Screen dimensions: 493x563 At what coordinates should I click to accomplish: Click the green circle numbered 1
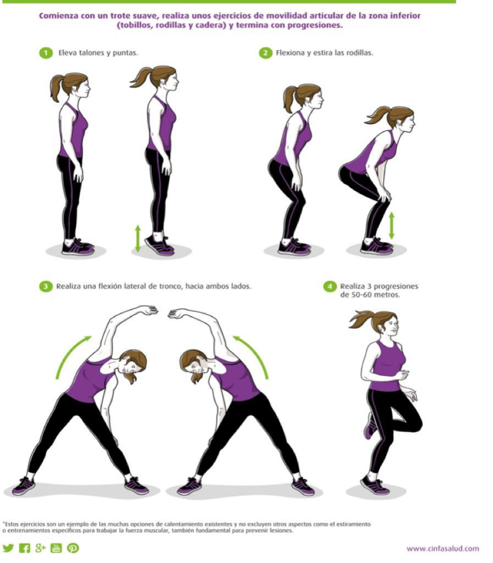(46, 53)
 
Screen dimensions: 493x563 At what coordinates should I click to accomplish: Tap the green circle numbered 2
(265, 53)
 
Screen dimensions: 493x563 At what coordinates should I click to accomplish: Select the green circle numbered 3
(46, 286)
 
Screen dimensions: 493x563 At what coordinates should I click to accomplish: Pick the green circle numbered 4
(330, 286)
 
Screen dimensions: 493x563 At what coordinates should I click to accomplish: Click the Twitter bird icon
(8, 548)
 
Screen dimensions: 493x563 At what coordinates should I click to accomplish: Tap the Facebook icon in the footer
(24, 548)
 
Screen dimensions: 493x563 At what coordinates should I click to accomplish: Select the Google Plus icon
(40, 548)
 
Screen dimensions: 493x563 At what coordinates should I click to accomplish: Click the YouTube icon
(56, 548)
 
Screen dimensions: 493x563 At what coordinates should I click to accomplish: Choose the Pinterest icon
(73, 548)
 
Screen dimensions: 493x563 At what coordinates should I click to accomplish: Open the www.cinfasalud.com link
(443, 549)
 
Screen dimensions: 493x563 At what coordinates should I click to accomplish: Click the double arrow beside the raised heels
(138, 238)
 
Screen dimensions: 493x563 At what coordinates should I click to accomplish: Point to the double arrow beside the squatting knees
(391, 225)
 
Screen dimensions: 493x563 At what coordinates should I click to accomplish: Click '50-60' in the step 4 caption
(358, 295)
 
